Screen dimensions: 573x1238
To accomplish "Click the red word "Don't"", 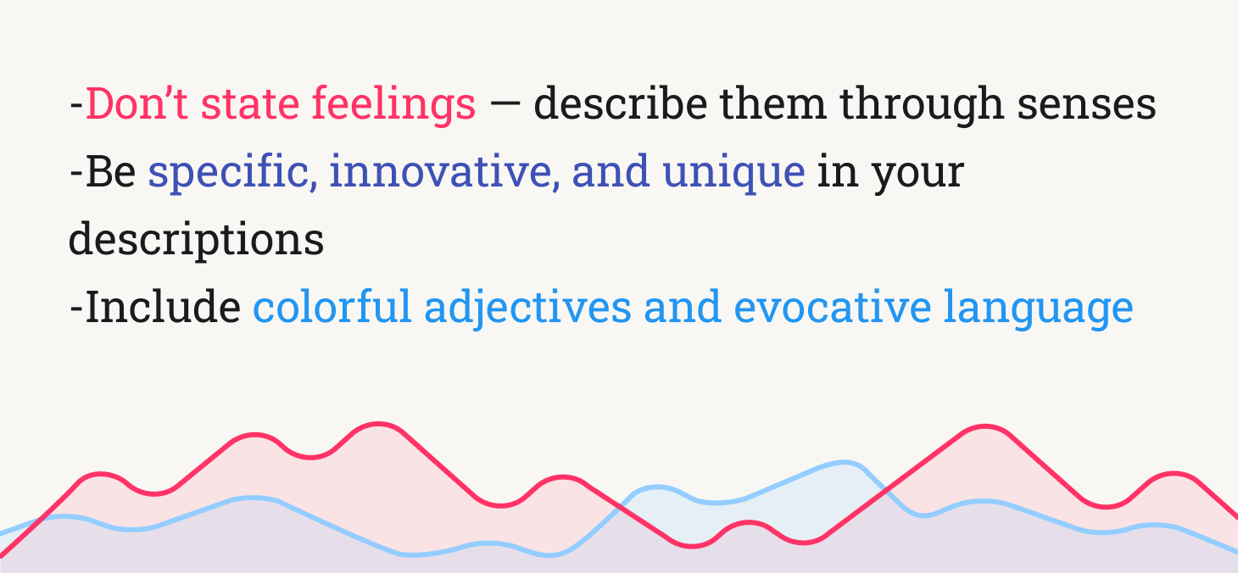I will click(x=137, y=104).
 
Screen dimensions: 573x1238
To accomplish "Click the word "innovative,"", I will click(x=443, y=172).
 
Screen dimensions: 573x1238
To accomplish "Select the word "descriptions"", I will click(x=196, y=240).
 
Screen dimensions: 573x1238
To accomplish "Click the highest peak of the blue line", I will click(x=845, y=462).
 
